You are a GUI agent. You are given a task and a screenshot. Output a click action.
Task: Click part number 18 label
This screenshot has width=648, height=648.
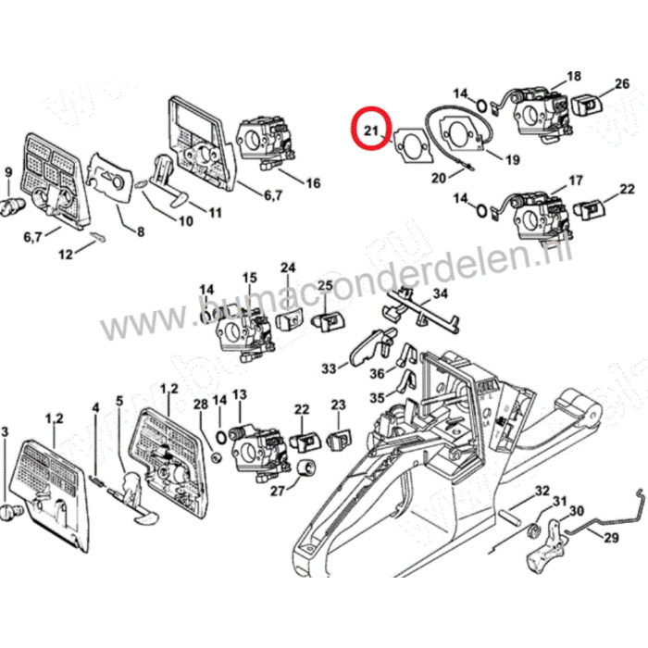[x=573, y=77]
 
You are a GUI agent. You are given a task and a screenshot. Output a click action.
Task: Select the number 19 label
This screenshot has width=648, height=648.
[x=512, y=159]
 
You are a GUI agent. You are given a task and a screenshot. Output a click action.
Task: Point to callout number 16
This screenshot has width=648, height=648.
[x=312, y=183]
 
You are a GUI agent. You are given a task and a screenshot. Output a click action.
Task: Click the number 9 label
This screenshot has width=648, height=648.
[x=8, y=172]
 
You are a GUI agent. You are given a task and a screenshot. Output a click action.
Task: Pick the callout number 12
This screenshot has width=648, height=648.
[x=65, y=254]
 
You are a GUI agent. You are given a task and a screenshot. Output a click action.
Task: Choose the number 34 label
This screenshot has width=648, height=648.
[x=441, y=293]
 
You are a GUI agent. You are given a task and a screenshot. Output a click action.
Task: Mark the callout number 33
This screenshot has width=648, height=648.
[x=329, y=369]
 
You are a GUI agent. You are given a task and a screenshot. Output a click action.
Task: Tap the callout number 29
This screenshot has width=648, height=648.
[x=611, y=538]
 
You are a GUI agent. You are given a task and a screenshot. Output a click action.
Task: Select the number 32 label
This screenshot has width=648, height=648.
[x=542, y=491]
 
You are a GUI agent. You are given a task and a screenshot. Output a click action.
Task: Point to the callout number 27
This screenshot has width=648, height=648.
[x=277, y=491]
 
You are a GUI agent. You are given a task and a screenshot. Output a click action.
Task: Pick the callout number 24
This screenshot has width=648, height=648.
[x=288, y=268]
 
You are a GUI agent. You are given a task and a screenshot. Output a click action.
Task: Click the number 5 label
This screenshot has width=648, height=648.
[x=118, y=401]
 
